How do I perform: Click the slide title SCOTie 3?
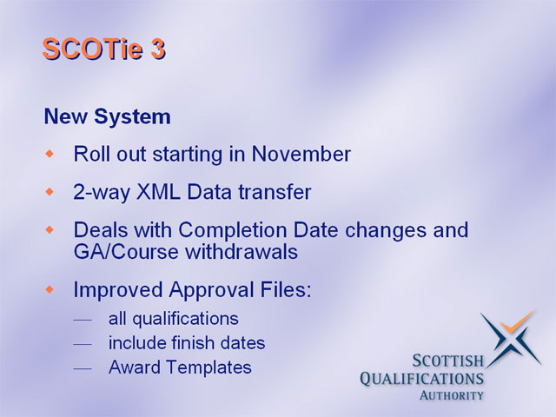point(104,49)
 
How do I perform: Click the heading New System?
point(108,116)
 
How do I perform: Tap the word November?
point(301,155)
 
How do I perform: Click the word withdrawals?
point(242,252)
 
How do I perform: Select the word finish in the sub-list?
point(193,343)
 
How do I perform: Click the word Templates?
point(209,367)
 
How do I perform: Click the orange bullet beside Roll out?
point(50,154)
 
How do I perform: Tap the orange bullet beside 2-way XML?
point(50,192)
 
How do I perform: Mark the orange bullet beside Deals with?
point(50,229)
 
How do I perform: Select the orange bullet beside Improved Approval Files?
point(50,289)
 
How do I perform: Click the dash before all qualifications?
point(83,321)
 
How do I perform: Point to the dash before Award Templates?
point(83,368)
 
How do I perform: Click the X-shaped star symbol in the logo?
point(511,339)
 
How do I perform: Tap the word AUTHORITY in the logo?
point(451,395)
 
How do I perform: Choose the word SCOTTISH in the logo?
point(448,361)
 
